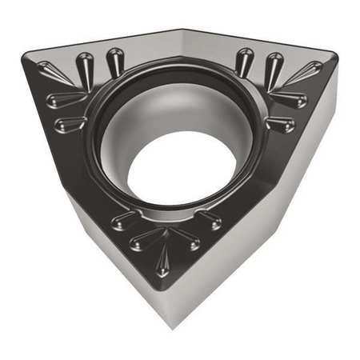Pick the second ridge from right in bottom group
191,237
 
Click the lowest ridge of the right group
279,124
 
